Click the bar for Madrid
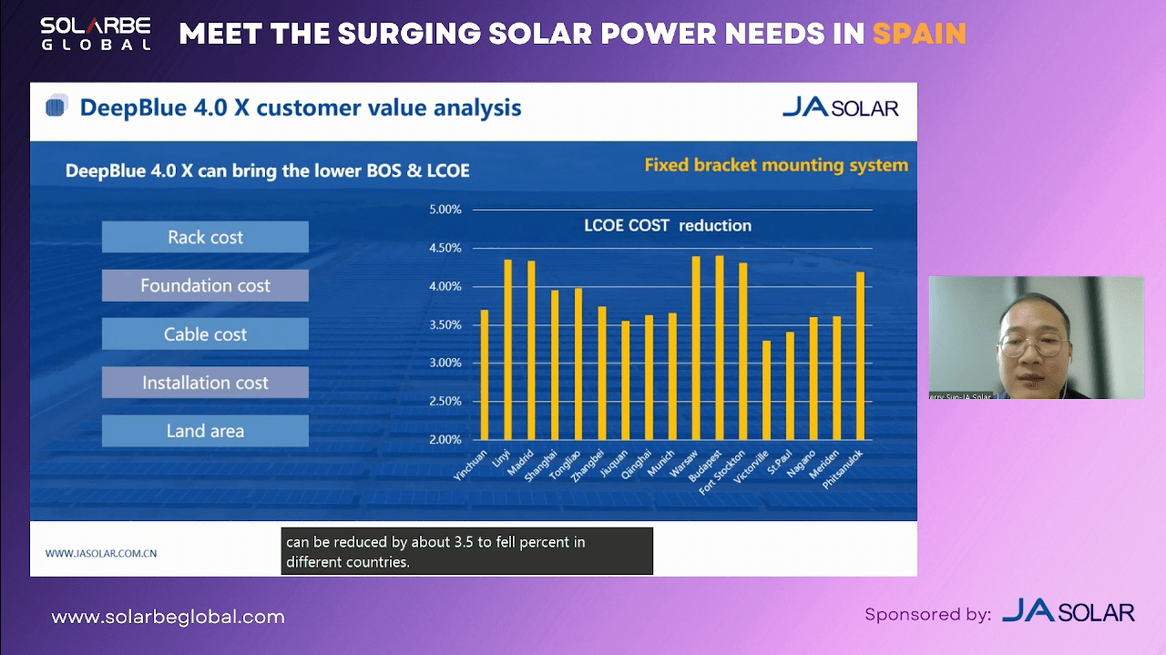point(531,350)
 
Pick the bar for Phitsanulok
point(860,355)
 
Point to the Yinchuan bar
point(485,374)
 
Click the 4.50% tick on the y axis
point(445,248)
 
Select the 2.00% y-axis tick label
point(445,439)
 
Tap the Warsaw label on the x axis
point(684,464)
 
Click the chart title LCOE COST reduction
point(668,226)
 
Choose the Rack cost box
point(205,238)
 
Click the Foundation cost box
point(205,286)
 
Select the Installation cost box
point(205,383)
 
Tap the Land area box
point(205,431)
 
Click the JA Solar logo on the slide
point(840,108)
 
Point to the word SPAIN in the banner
point(919,34)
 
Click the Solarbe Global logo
point(96,33)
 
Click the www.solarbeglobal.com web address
point(168,617)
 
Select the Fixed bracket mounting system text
point(776,165)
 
